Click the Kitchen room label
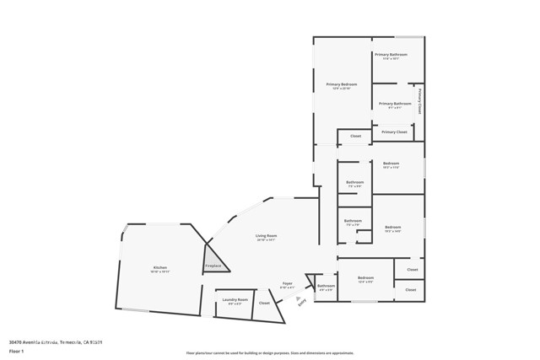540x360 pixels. coord(160,267)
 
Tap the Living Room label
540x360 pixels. coord(267,236)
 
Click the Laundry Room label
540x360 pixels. coord(235,299)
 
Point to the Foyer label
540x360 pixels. coord(287,284)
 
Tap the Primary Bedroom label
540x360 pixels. coord(342,84)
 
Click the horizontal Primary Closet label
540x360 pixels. coord(394,132)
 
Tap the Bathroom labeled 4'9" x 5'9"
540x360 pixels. coord(326,286)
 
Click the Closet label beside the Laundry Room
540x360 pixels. coord(264,303)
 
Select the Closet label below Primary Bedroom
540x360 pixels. coord(355,136)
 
